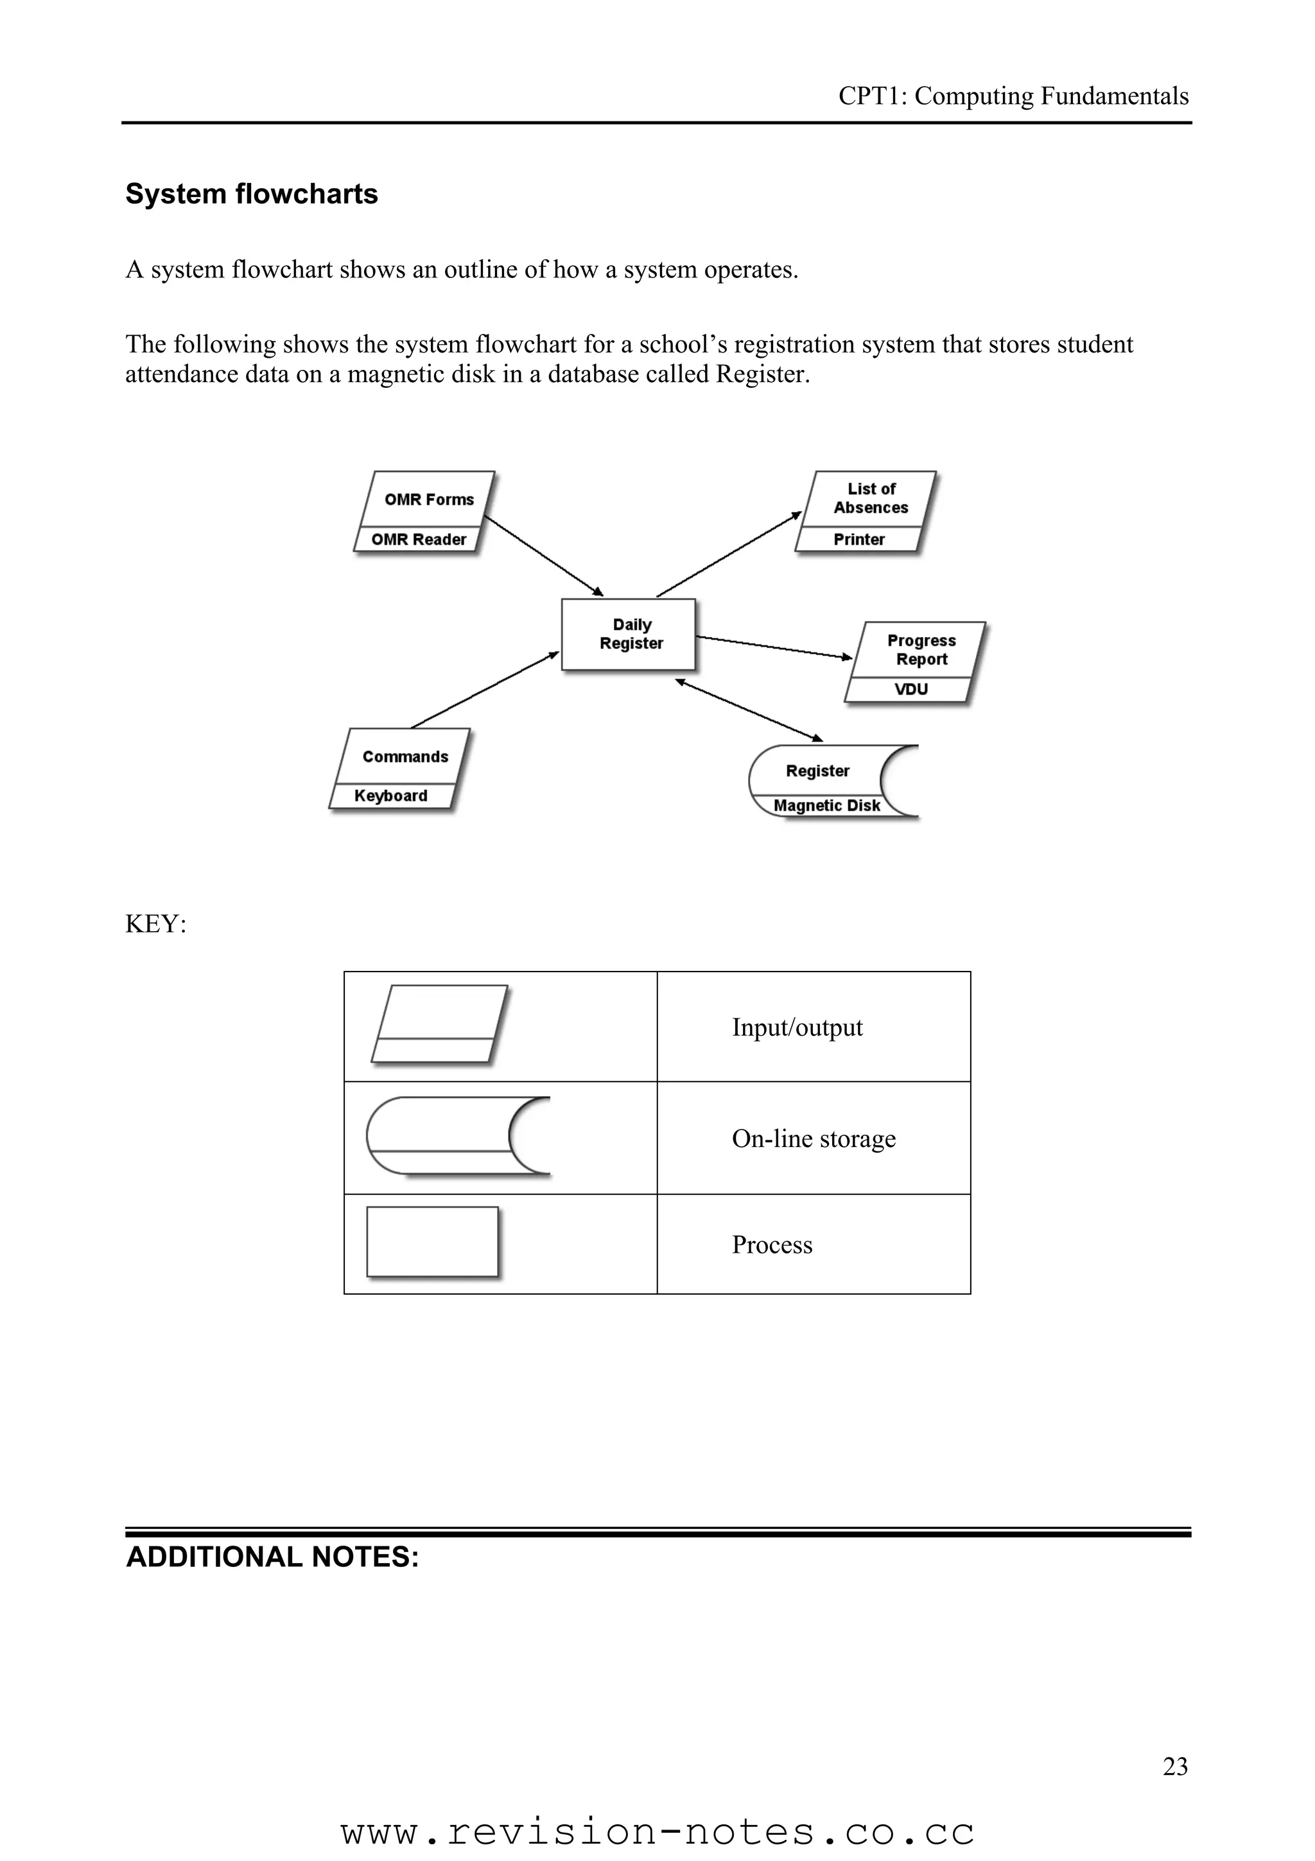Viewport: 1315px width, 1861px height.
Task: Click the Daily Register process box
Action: [629, 634]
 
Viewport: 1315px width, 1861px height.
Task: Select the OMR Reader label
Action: [418, 539]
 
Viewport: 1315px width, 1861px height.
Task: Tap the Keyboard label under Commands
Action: [390, 795]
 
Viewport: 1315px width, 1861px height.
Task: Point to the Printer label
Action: [859, 539]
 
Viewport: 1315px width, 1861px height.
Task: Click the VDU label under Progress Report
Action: [910, 689]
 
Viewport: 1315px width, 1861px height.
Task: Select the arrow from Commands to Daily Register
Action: [485, 690]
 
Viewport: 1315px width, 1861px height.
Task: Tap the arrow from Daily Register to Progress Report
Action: [774, 647]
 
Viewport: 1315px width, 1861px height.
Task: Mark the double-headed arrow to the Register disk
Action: [749, 710]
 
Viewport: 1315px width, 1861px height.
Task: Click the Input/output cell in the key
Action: [797, 1027]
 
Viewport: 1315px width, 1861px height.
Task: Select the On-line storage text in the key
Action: [814, 1138]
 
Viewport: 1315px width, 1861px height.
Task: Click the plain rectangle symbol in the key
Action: [432, 1242]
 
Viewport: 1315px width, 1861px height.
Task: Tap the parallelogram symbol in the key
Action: [439, 1023]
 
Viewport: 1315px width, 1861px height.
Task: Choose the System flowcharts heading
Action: [251, 194]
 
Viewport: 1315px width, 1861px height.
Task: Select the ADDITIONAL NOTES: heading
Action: [272, 1556]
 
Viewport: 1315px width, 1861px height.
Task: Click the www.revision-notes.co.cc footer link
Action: [657, 1832]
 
